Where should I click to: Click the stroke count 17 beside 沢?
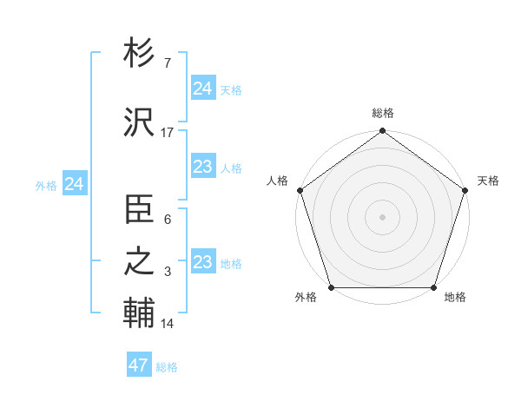tap(168, 132)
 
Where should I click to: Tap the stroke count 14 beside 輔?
tap(168, 324)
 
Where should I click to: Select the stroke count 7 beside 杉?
tap(167, 63)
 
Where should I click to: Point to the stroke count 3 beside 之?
tap(167, 272)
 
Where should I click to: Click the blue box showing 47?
tap(139, 365)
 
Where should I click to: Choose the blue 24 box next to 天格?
tap(203, 89)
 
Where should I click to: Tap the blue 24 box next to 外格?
tap(75, 184)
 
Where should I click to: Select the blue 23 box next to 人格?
tap(203, 168)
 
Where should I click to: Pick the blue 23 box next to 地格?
tap(203, 262)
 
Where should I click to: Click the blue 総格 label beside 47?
tap(168, 367)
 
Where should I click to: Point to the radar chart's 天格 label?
tap(488, 181)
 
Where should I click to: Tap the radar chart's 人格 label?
tap(277, 181)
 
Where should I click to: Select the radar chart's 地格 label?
tap(455, 297)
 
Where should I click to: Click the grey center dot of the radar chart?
tap(382, 217)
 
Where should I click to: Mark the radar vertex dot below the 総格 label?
tap(382, 132)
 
